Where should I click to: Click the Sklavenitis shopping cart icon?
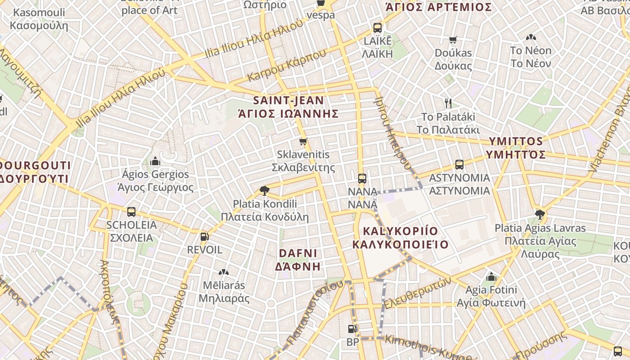tap(303, 142)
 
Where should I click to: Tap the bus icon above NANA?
tap(362, 179)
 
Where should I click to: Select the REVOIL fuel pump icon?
tap(204, 236)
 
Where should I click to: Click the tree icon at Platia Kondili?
tap(265, 191)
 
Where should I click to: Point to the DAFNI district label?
tap(298, 260)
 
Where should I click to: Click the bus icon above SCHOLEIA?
tap(131, 211)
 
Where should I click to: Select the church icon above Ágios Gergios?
tap(155, 161)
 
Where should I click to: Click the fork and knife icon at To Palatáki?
tap(448, 103)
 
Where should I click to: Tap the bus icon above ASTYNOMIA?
tap(459, 165)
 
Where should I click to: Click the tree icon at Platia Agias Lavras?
tap(540, 215)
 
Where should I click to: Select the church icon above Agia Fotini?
tap(491, 276)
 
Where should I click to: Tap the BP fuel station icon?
tap(352, 329)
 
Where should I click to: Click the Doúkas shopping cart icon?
tap(453, 40)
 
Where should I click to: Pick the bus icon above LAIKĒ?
tap(378, 28)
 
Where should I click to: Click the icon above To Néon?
tap(531, 37)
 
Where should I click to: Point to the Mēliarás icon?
tap(224, 272)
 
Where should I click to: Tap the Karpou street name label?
tap(286, 66)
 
